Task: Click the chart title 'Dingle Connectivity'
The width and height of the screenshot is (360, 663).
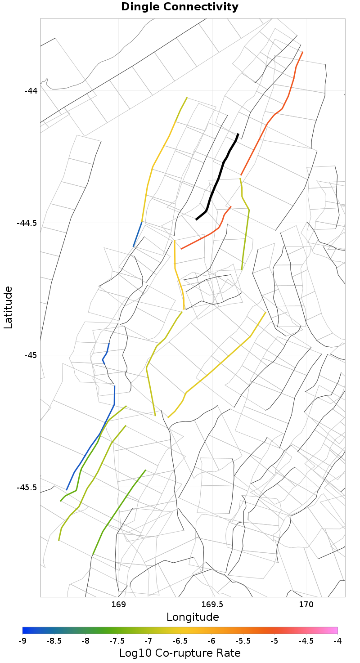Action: pos(180,7)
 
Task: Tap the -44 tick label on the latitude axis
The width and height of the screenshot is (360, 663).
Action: pos(31,90)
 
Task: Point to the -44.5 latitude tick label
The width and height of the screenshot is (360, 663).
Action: pos(27,223)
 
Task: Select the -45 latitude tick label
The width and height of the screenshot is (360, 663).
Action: pos(31,355)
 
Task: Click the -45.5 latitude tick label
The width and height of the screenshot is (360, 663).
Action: pos(27,488)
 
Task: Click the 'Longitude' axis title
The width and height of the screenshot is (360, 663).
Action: pos(193,617)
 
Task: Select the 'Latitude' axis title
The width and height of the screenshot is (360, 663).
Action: pos(8,308)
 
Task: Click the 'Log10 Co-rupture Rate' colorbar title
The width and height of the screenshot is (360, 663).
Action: pos(180,653)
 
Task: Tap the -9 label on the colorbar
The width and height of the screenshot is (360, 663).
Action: pos(22,641)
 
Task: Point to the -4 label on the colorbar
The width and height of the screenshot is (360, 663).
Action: pos(337,641)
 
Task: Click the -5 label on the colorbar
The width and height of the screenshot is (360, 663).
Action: pos(274,641)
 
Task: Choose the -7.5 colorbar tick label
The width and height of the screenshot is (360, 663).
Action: pos(117,641)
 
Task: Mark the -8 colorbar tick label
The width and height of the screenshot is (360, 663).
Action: pos(85,641)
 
